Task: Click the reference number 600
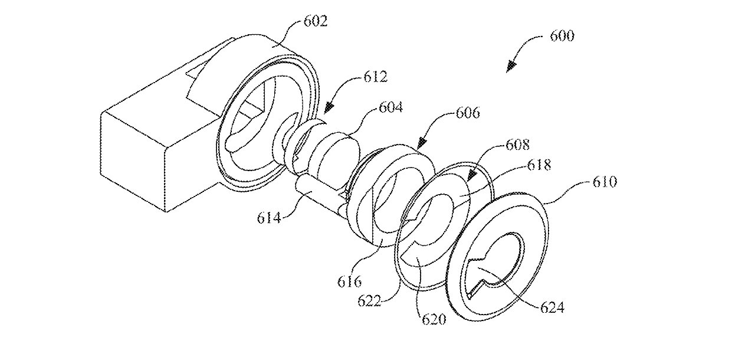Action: tap(561, 36)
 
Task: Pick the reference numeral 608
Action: tap(517, 144)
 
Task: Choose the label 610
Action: tap(603, 182)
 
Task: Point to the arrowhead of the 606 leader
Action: tap(421, 143)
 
